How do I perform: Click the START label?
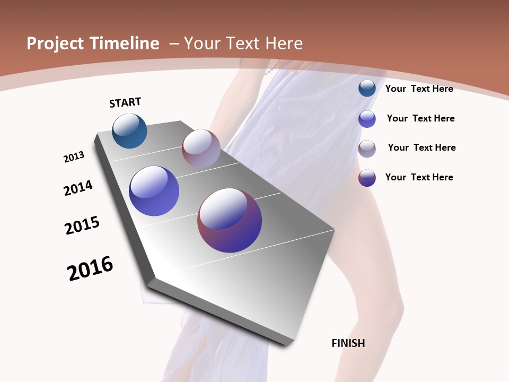pos(125,102)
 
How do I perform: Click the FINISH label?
pos(348,343)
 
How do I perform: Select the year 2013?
pos(74,157)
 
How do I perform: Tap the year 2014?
pos(78,188)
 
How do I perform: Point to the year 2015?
pos(82,225)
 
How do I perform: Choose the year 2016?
pos(90,268)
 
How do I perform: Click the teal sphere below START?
pos(129,131)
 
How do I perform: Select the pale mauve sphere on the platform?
pos(201,149)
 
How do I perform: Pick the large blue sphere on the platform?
pos(154,191)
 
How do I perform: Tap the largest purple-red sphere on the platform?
pos(230,220)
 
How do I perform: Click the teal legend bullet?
pos(367,88)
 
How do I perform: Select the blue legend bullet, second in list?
pos(367,119)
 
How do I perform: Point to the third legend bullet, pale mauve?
pos(367,149)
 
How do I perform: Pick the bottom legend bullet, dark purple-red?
pos(367,178)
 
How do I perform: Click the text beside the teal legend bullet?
pos(419,89)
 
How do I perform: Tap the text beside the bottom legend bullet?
pos(419,177)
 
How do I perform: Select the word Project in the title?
pos(56,44)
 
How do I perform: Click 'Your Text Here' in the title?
pos(243,44)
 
